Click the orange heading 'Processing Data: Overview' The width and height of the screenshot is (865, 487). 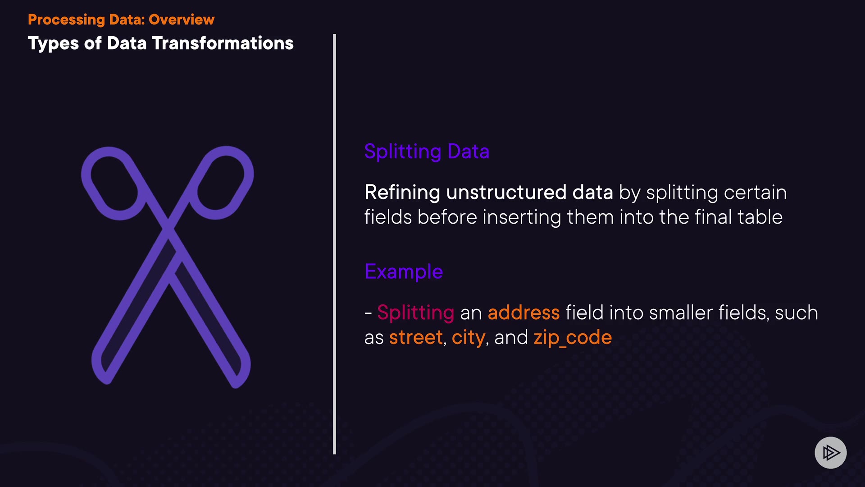(121, 20)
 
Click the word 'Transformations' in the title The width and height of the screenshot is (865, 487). (223, 43)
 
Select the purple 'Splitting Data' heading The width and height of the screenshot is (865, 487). (427, 152)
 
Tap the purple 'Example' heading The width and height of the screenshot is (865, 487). (404, 272)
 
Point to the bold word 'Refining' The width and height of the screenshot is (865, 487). (402, 193)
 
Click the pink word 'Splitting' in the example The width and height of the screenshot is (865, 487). (416, 313)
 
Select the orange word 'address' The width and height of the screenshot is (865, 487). (524, 312)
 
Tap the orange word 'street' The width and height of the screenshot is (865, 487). (416, 338)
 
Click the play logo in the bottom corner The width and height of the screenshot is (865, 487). (831, 453)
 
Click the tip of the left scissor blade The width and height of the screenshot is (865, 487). (106, 381)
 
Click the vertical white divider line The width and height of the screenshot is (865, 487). (334, 244)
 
